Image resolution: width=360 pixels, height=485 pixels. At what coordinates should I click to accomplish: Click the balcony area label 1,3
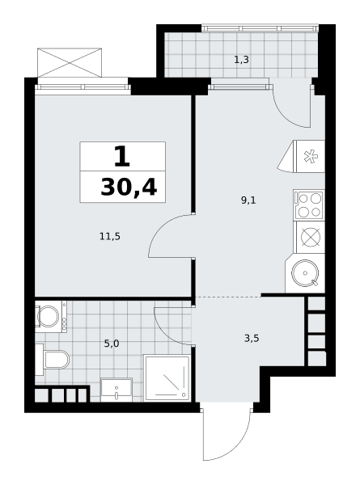tap(241, 60)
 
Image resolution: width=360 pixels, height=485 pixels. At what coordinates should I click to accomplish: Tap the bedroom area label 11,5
tap(110, 237)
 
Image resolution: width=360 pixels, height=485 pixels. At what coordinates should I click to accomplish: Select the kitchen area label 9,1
tap(248, 200)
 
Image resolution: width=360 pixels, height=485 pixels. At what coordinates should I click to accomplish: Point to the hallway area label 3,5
tap(252, 339)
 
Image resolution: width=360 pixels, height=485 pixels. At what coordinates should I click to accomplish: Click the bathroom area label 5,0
tap(112, 344)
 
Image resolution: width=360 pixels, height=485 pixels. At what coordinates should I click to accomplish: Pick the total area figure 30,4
tap(129, 188)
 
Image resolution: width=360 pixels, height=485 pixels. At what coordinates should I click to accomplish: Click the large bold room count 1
tap(122, 157)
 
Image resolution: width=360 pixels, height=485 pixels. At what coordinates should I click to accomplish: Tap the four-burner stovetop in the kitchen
tap(309, 205)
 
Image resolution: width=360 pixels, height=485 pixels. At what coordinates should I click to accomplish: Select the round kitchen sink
tap(305, 273)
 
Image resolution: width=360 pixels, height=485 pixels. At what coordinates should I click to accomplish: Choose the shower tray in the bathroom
tap(167, 378)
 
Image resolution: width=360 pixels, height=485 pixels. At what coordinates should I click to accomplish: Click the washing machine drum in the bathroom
tap(48, 316)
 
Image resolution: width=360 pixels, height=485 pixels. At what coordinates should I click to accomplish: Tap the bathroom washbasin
tap(116, 390)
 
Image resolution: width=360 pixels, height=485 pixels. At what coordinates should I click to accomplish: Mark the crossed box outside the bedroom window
tap(70, 62)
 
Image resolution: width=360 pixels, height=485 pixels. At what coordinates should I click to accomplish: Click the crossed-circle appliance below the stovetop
tap(311, 237)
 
